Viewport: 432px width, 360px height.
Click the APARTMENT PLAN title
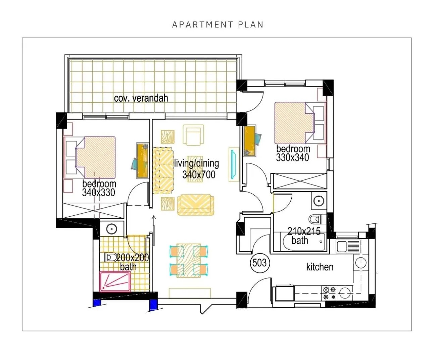(x=218, y=24)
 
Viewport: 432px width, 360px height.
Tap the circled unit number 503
(x=260, y=263)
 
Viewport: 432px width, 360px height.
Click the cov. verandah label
(x=141, y=98)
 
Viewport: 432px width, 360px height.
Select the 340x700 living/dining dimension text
(x=199, y=174)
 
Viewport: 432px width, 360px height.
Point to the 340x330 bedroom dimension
(x=98, y=193)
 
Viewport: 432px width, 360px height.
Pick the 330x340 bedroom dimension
(x=293, y=158)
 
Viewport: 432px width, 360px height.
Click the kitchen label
(x=320, y=267)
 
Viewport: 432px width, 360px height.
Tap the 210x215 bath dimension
(x=304, y=231)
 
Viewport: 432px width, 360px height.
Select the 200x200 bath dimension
(x=133, y=258)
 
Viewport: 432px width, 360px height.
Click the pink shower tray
(x=115, y=281)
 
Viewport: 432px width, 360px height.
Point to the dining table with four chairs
(x=188, y=261)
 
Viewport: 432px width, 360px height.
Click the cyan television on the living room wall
(x=234, y=164)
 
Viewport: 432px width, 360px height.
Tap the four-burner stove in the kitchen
(x=329, y=293)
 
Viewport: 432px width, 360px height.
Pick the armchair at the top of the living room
(x=193, y=135)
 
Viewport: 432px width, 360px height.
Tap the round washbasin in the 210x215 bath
(x=319, y=200)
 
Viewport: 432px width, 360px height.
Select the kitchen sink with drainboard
(x=348, y=247)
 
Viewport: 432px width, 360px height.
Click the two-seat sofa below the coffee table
(x=195, y=205)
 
